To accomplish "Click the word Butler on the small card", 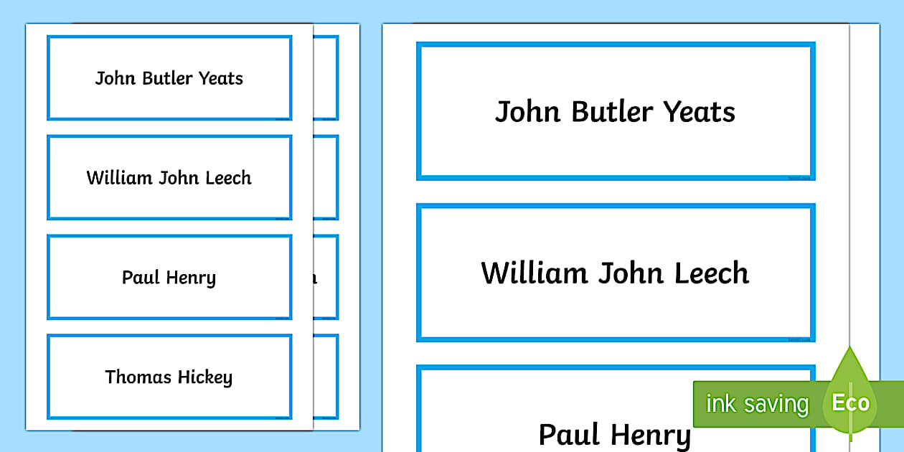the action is pos(167,78).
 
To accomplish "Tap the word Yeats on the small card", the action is pos(221,78).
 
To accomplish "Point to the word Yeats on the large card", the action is pos(700,111).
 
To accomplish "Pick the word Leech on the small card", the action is pos(228,178).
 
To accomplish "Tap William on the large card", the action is pos(535,273).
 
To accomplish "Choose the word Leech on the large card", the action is pos(712,273).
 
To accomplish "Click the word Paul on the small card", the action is pos(141,277).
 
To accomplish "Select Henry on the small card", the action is pos(191,278).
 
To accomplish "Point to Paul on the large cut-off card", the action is pos(569,434).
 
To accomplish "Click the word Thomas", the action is pos(138,377).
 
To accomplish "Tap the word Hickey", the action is pos(205,377).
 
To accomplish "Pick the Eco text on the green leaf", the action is pos(851,402).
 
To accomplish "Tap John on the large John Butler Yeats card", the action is pos(528,111).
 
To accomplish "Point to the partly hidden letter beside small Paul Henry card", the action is pos(314,278).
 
